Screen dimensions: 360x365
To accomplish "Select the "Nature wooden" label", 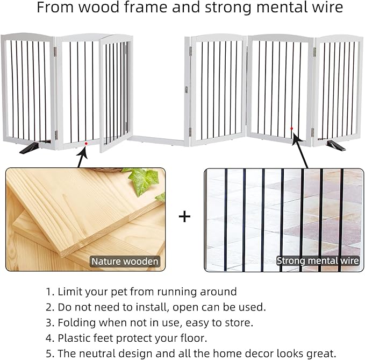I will pos(125,262).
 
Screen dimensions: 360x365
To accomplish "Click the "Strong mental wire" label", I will pos(317,261).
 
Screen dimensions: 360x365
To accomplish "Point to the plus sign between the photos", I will pos(184,216).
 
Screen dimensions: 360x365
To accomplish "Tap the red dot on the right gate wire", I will pos(291,129).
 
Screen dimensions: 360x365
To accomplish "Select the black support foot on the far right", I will pos(335,145).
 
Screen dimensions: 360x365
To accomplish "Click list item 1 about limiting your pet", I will pos(141,292).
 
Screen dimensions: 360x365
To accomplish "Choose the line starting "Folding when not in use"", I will pos(149,323).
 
